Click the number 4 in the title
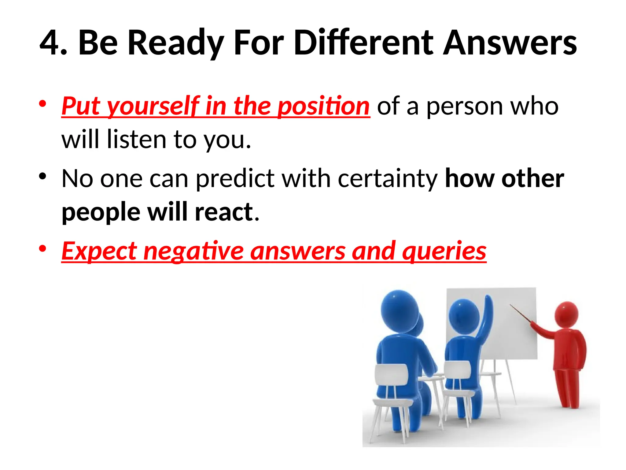pos(50,43)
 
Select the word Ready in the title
pos(176,43)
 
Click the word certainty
pos(388,179)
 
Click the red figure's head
pos(566,313)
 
